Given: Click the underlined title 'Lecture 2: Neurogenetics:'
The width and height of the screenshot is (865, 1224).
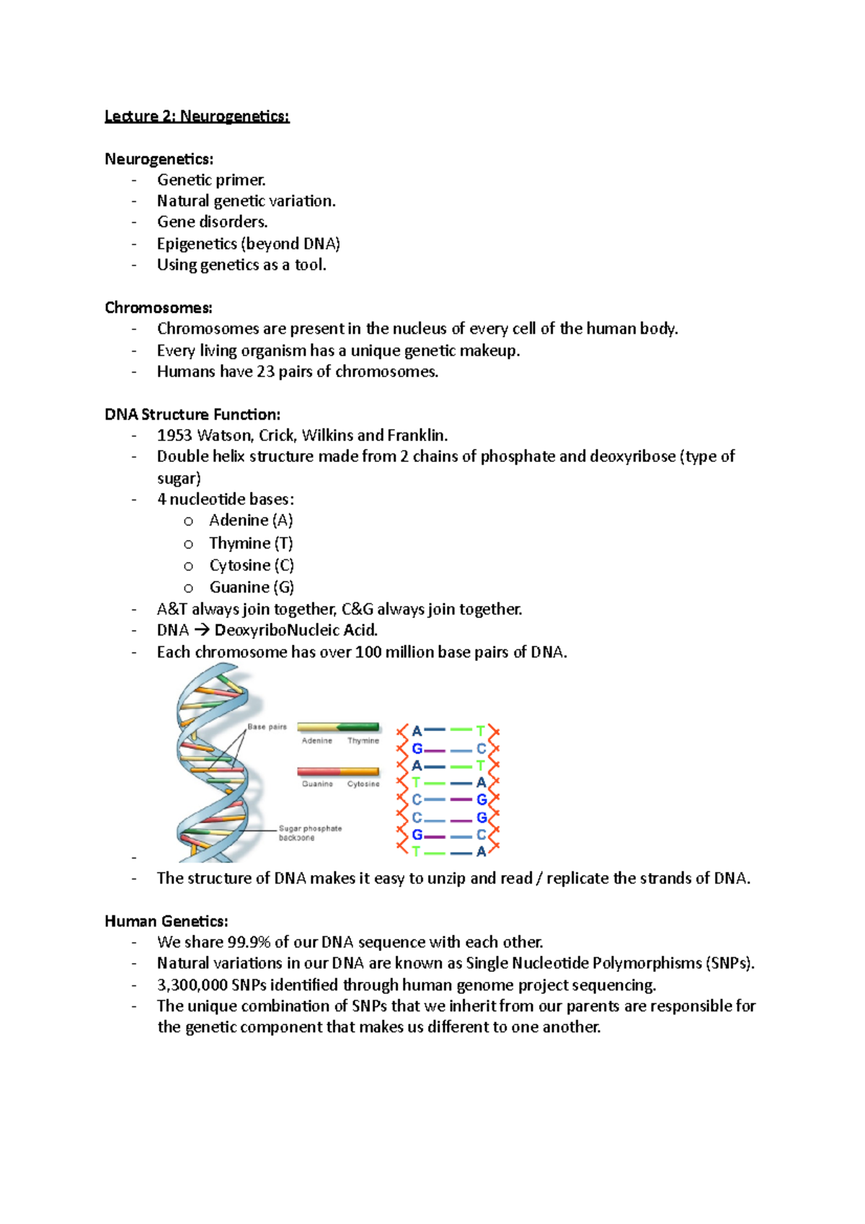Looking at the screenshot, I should (197, 116).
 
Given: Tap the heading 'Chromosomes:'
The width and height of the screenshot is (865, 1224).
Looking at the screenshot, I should (159, 308).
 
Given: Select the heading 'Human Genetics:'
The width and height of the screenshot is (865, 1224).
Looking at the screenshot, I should (167, 921).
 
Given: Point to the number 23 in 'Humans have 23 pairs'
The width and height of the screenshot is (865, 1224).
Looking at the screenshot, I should (266, 372).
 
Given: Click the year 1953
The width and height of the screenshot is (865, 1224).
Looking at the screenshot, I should (174, 435).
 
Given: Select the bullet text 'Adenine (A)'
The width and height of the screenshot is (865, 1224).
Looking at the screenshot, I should (251, 520).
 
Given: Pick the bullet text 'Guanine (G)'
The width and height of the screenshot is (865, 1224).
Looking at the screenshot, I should (252, 587).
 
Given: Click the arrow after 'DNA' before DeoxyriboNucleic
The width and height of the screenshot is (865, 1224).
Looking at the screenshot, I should (202, 631).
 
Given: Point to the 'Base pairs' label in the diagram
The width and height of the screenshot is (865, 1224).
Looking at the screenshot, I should (267, 727).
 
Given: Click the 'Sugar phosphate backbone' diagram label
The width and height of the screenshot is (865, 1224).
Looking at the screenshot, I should (310, 833).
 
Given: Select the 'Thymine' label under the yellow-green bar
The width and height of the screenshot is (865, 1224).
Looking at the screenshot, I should (363, 741).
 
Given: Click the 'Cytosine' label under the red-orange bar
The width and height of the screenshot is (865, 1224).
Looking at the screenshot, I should (363, 784).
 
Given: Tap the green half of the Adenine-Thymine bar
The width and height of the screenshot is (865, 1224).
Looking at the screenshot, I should (358, 727).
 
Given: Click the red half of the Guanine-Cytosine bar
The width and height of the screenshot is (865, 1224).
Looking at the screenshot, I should (317, 771).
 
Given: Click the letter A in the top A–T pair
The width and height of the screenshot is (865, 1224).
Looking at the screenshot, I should (417, 732).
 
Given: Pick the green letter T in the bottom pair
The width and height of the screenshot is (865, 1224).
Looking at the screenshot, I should (416, 852).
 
